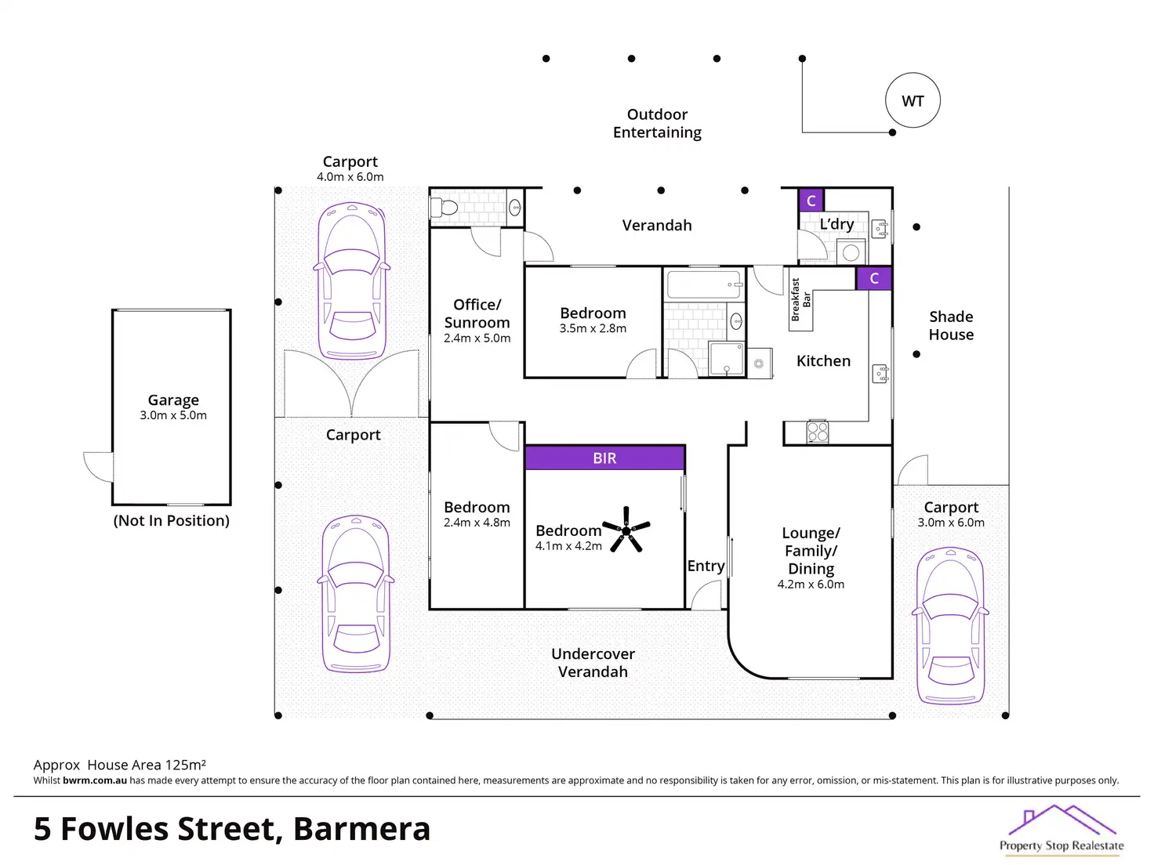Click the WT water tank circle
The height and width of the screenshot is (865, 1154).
pos(913,101)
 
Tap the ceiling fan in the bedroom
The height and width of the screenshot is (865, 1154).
pos(626,530)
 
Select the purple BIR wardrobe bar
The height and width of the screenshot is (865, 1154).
pos(604,458)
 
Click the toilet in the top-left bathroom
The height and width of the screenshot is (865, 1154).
pos(445,208)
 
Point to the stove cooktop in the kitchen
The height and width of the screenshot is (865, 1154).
pos(817,432)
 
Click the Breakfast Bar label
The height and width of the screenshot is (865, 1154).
pos(800,299)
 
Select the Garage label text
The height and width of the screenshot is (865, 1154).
pos(173,400)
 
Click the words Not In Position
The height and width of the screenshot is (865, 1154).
pos(172,520)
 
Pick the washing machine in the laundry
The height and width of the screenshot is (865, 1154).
pos(851,252)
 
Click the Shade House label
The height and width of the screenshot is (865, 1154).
pos(951,325)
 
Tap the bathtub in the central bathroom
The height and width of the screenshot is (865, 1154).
pos(704,284)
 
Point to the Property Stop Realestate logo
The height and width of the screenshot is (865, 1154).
pos(1061,830)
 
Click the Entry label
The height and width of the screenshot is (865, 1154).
pos(706,566)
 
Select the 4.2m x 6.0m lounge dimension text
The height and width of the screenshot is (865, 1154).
pos(811,585)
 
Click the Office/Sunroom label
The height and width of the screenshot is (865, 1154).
pos(477,313)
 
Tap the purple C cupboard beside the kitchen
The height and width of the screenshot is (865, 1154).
pos(873,278)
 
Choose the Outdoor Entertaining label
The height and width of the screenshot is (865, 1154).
pos(657,124)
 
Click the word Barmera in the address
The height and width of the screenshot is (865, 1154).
pos(361,829)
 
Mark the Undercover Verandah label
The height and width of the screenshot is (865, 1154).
pos(593,662)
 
